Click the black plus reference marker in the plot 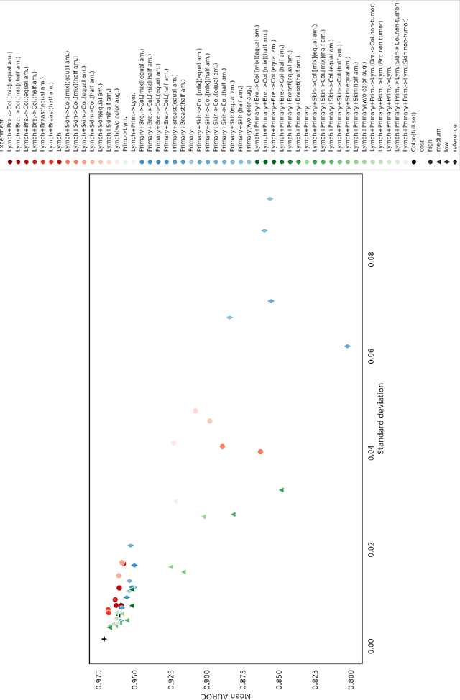click(x=104, y=639)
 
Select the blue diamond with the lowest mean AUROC click(x=347, y=346)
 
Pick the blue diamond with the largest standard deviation click(x=270, y=178)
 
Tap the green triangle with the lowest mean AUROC click(x=281, y=489)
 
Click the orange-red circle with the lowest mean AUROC click(x=260, y=451)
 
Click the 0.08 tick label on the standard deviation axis click(x=371, y=261)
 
